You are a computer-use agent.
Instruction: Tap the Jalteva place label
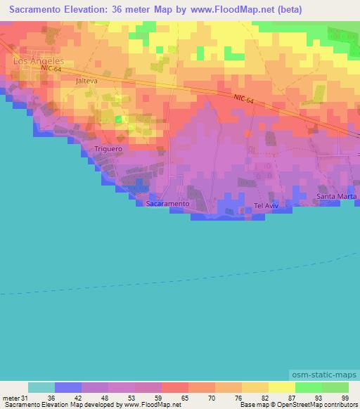pos(86,82)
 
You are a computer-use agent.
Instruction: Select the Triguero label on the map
pos(108,149)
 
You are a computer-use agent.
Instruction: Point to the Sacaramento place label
pos(168,203)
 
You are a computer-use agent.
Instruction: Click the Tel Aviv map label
pos(267,206)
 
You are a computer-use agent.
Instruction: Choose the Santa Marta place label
pos(336,196)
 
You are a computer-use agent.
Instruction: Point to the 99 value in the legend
pos(344,398)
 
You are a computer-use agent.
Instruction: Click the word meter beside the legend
pos(11,398)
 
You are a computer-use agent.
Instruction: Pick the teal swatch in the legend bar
pos(41,387)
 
